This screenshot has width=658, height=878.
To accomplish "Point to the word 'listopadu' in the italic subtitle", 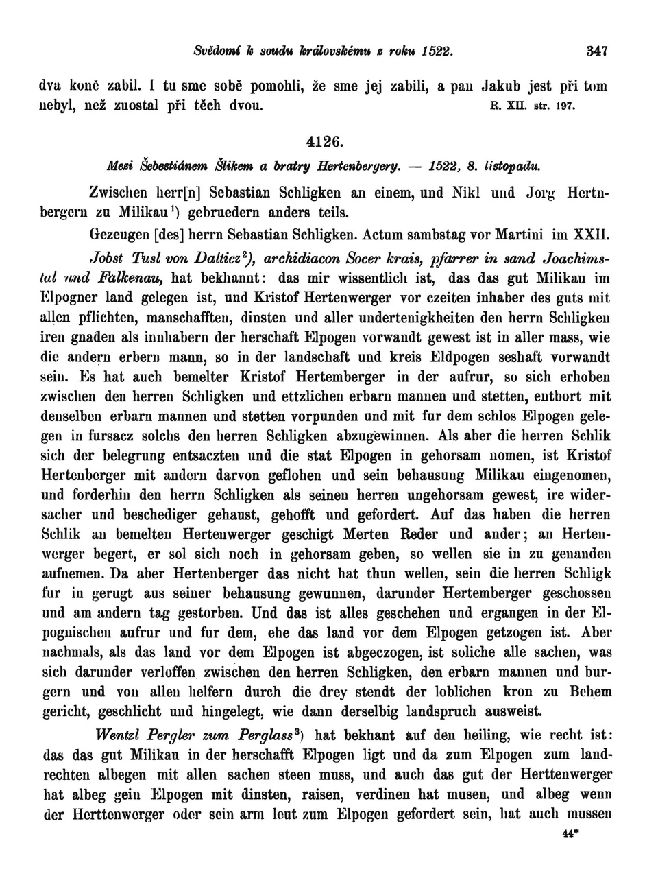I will click(513, 165).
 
